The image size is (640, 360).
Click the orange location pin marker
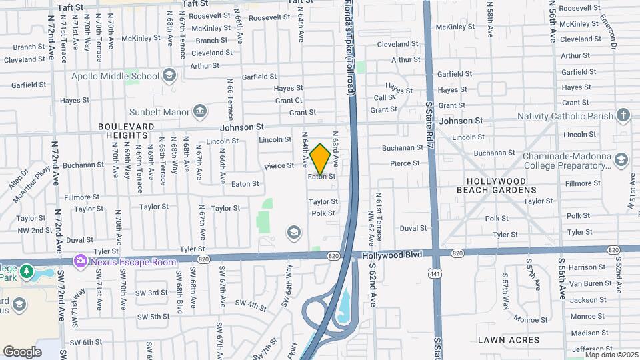[x=320, y=159]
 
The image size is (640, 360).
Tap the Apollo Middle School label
[x=117, y=76]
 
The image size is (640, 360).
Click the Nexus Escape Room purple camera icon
[x=81, y=260]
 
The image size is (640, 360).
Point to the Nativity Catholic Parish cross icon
[x=623, y=115]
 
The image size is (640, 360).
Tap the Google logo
[x=22, y=351]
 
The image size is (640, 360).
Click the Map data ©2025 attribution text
[x=611, y=355]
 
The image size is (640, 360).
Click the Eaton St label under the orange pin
[x=321, y=177]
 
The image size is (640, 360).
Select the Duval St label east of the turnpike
[x=413, y=228]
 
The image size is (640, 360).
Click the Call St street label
[x=385, y=97]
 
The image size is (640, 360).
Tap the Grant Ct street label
[x=289, y=101]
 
